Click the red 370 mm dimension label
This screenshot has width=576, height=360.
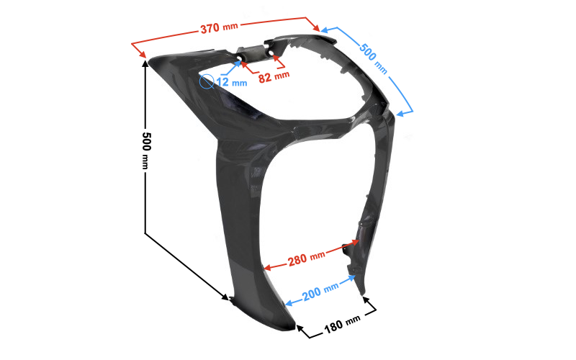click(x=220, y=27)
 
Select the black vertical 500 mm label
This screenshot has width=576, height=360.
click(x=146, y=150)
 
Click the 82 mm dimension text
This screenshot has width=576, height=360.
click(x=274, y=77)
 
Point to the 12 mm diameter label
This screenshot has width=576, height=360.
click(x=231, y=82)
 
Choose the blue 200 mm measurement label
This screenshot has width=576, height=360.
click(x=320, y=292)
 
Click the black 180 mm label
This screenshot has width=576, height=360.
click(x=341, y=324)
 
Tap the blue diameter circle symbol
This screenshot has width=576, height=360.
click(x=207, y=81)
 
